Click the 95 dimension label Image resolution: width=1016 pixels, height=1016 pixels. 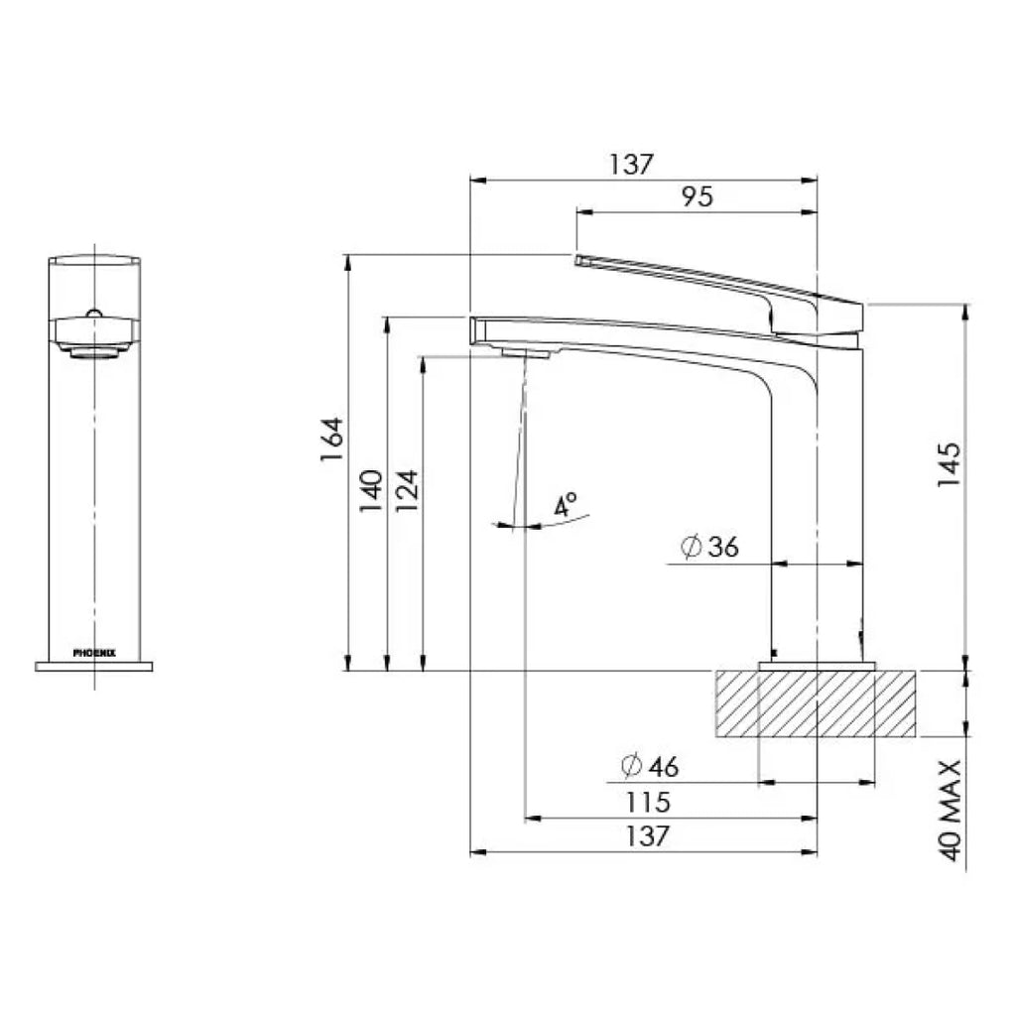click(698, 196)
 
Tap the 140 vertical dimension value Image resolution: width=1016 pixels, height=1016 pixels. click(370, 490)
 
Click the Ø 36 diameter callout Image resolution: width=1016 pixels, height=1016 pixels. click(710, 546)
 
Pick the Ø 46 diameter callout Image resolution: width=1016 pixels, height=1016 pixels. click(649, 766)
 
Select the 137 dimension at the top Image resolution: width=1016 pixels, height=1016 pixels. click(632, 164)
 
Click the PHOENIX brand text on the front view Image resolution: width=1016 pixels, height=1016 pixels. click(94, 653)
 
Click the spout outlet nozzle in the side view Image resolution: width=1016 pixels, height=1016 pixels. click(526, 352)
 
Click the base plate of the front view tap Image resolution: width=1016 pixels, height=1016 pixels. click(94, 666)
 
